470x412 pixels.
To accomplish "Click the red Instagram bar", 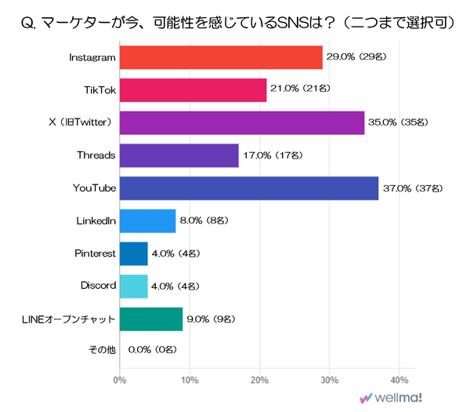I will pyautogui.click(x=221, y=57).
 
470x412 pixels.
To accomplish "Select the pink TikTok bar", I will pyautogui.click(x=193, y=89).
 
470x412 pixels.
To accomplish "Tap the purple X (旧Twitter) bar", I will pyautogui.click(x=241, y=122).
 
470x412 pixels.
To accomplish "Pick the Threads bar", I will pyautogui.click(x=179, y=155).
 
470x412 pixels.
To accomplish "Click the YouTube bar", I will pyautogui.click(x=248, y=188).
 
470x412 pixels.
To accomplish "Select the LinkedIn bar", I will pyautogui.click(x=147, y=221).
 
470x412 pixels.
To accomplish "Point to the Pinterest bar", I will pyautogui.click(x=133, y=253).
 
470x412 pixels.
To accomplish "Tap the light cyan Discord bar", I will pyautogui.click(x=133, y=286).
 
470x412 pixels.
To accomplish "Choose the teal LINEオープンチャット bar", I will pyautogui.click(x=150, y=319).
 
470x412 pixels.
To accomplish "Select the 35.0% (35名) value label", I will pyautogui.click(x=399, y=122).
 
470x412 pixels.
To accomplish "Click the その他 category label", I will pyautogui.click(x=102, y=352).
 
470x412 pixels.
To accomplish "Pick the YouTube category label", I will pyautogui.click(x=94, y=188).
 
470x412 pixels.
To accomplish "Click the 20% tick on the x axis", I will pyautogui.click(x=259, y=381).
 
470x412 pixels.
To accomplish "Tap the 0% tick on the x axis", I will pyautogui.click(x=119, y=381).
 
